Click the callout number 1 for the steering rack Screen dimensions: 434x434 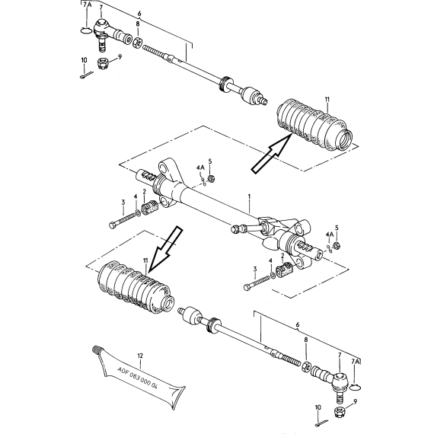click(249, 196)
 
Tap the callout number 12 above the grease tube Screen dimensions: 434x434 click(140, 356)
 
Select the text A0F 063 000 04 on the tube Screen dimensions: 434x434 click(138, 378)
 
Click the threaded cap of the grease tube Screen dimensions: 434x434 click(96, 350)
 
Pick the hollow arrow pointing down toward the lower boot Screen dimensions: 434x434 click(166, 250)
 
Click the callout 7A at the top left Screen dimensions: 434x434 click(87, 5)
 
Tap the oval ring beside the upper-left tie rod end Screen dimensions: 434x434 click(86, 30)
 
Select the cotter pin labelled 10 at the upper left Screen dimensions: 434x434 click(87, 75)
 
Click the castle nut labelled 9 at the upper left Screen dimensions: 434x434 click(103, 63)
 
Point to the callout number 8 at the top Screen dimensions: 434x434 click(138, 24)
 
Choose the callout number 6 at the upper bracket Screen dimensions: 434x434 click(139, 13)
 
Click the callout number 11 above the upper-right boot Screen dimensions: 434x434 click(327, 99)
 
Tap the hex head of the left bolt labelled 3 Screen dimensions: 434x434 click(113, 225)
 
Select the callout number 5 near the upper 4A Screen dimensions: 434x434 click(210, 161)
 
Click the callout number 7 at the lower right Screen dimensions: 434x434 click(340, 355)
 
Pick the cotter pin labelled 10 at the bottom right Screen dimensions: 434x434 click(321, 423)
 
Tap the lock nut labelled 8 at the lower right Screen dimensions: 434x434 click(306, 366)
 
